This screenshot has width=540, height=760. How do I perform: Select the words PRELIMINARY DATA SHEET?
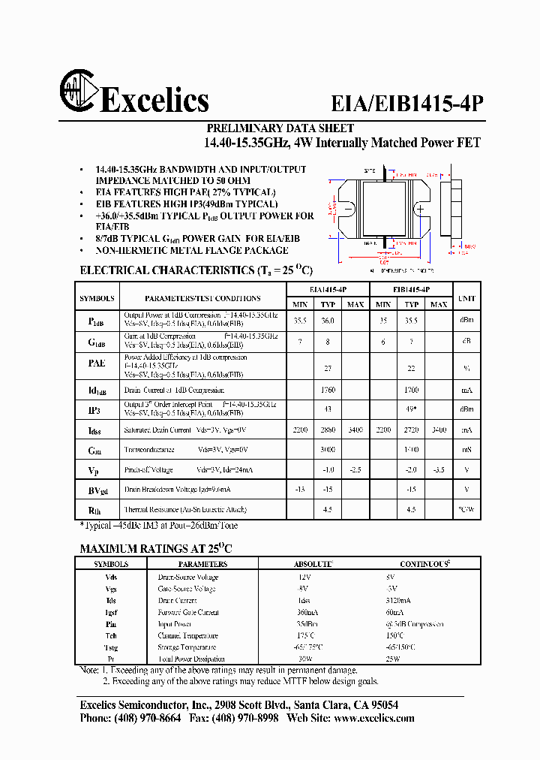click(280, 128)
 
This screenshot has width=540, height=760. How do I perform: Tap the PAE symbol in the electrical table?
click(97, 363)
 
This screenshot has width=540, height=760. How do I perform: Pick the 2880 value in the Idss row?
click(327, 430)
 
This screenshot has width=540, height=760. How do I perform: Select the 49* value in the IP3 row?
click(411, 409)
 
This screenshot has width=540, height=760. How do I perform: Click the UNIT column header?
click(466, 298)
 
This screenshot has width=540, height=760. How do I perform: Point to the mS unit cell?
click(466, 449)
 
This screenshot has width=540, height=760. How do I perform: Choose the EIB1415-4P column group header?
click(411, 289)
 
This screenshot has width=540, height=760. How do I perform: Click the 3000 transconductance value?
click(327, 449)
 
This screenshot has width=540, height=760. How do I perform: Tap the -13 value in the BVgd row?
click(300, 490)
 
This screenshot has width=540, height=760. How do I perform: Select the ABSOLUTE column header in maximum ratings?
click(313, 563)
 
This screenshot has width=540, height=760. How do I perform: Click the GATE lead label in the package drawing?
click(369, 171)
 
